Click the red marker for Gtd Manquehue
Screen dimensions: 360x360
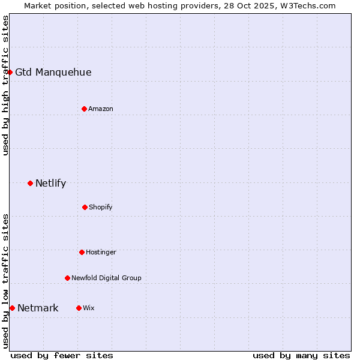click(10, 72)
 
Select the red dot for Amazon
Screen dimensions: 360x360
click(84, 109)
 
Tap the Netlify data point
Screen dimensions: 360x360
click(30, 183)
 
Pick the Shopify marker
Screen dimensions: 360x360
click(85, 207)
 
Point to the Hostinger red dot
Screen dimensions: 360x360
click(82, 252)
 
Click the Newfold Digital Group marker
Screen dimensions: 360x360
click(67, 278)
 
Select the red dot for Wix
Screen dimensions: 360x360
click(79, 308)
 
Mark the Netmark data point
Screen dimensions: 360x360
click(12, 308)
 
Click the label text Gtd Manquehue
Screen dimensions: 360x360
click(53, 73)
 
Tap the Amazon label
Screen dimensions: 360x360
click(101, 109)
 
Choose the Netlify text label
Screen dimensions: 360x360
click(50, 184)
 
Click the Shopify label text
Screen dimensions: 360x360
click(101, 208)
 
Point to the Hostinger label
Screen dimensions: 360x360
click(101, 253)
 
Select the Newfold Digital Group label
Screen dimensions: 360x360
click(106, 278)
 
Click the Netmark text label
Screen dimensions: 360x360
click(38, 308)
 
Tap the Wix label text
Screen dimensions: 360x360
click(89, 308)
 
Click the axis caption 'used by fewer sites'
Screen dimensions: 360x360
click(62, 355)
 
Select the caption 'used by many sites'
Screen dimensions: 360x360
click(301, 355)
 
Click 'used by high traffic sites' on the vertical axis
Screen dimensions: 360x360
click(5, 85)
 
